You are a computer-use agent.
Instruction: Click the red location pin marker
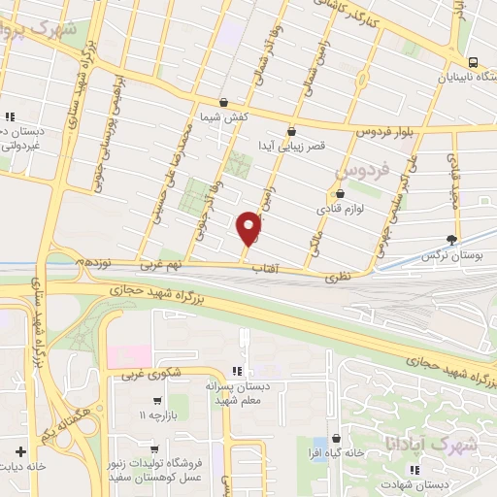pyautogui.click(x=249, y=227)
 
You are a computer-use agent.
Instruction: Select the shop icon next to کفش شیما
pyautogui.click(x=223, y=102)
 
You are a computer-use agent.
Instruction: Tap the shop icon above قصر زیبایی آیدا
pyautogui.click(x=291, y=130)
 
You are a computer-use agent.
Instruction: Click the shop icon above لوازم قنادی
pyautogui.click(x=339, y=192)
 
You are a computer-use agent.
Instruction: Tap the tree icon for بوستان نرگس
pyautogui.click(x=451, y=238)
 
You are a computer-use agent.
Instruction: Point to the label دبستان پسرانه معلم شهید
pyautogui.click(x=256, y=393)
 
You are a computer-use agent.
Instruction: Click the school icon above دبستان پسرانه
pyautogui.click(x=237, y=371)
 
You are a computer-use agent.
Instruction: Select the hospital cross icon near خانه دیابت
pyautogui.click(x=21, y=451)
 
